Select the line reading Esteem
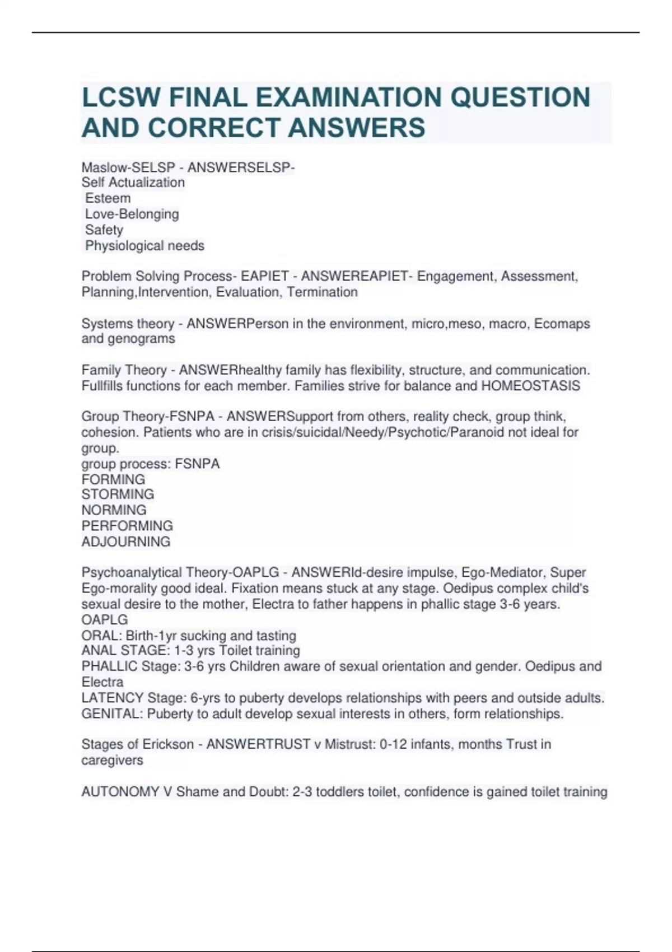(108, 198)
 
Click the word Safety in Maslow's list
(104, 230)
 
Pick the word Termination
(322, 292)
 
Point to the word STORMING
(118, 494)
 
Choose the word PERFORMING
(127, 526)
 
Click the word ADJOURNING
(126, 542)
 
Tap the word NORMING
(114, 510)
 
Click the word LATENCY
(113, 698)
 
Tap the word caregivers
(112, 760)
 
